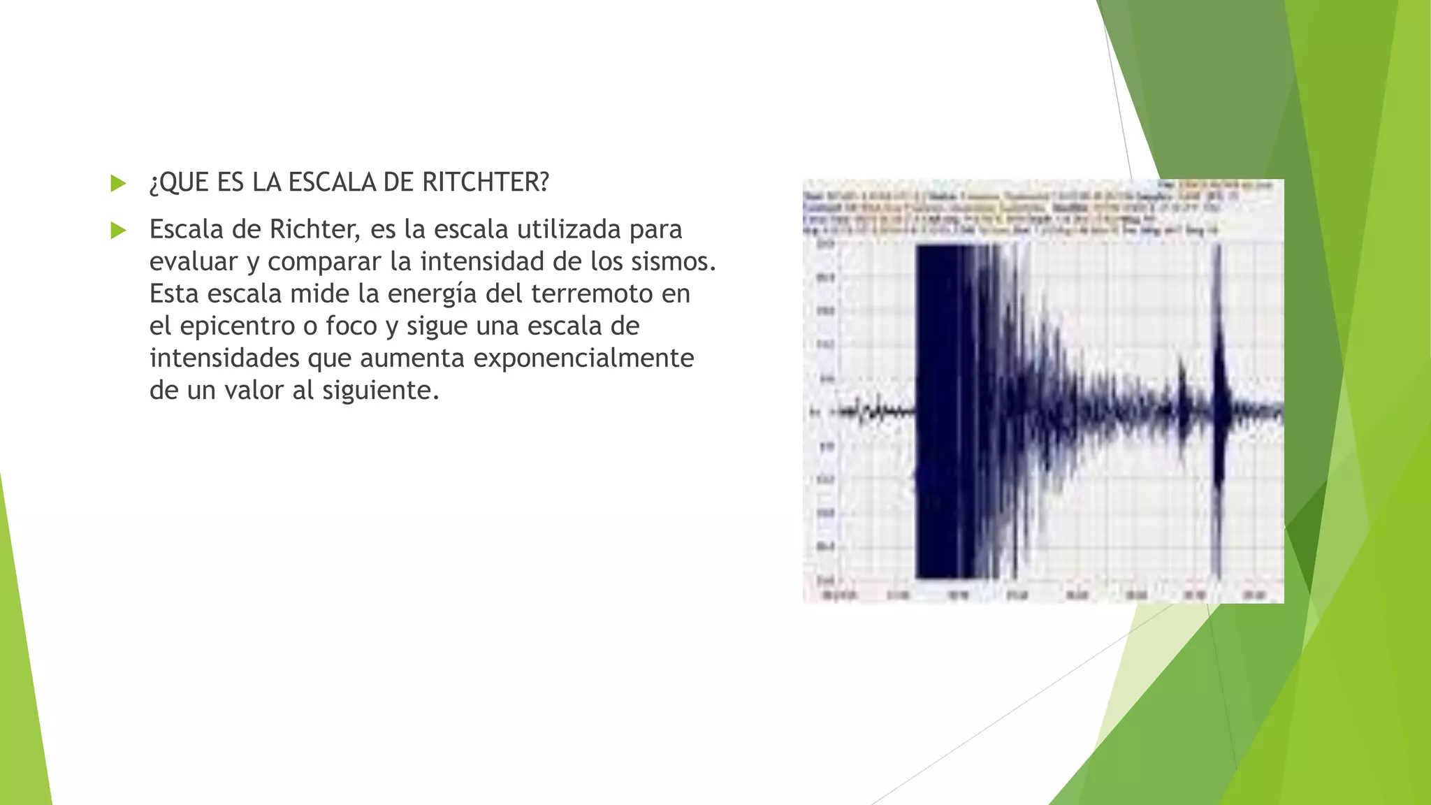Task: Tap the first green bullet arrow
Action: pos(118,184)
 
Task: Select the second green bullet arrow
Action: pos(118,230)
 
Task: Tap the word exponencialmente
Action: pos(583,358)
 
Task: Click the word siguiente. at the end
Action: pos(381,390)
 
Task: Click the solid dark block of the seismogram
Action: pos(943,412)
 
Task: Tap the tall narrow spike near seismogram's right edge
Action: pos(1219,412)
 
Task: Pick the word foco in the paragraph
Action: pos(351,326)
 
